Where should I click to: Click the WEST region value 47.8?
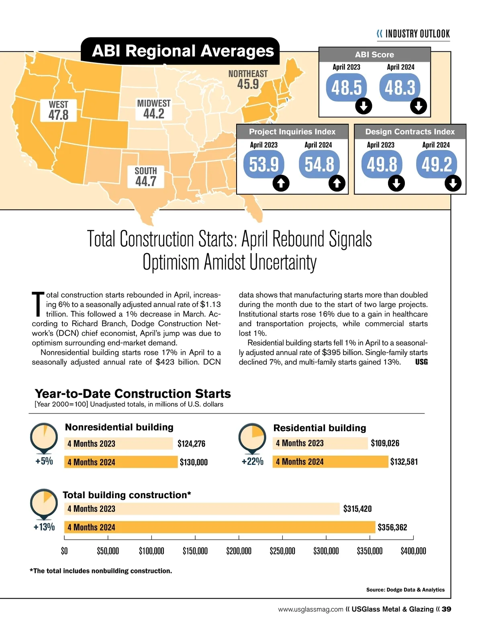pyautogui.click(x=59, y=115)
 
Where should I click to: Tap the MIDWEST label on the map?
pyautogui.click(x=154, y=103)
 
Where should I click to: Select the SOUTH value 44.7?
pyautogui.click(x=146, y=181)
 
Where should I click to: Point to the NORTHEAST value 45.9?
pyautogui.click(x=248, y=84)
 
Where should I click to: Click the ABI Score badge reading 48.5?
pyautogui.click(x=347, y=87)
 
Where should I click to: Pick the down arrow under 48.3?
pyautogui.click(x=419, y=106)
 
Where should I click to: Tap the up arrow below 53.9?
pyautogui.click(x=281, y=184)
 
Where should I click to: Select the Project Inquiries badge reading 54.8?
pyautogui.click(x=319, y=164)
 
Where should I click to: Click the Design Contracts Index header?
pyautogui.click(x=410, y=132)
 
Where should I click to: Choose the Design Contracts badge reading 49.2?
pyautogui.click(x=437, y=164)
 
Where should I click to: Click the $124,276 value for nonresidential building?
pyautogui.click(x=191, y=444)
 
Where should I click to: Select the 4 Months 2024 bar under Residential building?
pyautogui.click(x=331, y=462)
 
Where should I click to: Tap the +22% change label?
pyautogui.click(x=252, y=461)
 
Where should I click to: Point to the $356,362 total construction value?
pyautogui.click(x=392, y=527)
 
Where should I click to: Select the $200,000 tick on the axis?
pyautogui.click(x=239, y=551)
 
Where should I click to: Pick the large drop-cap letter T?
pyautogui.click(x=38, y=304)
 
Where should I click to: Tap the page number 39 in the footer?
pyautogui.click(x=446, y=609)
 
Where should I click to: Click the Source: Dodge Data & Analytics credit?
pyautogui.click(x=405, y=590)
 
